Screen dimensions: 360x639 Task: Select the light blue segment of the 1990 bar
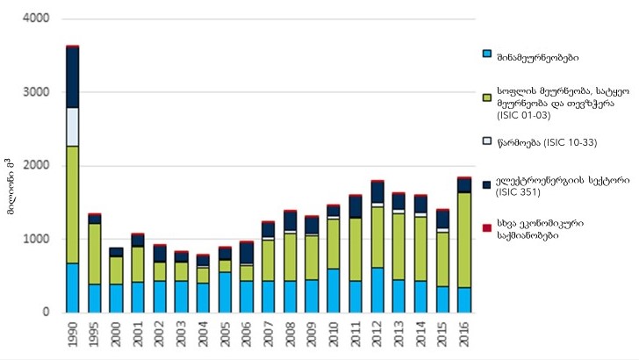(x=72, y=287)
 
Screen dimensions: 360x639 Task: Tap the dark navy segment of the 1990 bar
(x=72, y=77)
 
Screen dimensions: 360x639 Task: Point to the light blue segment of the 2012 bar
(x=377, y=290)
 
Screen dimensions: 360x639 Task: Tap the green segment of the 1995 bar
(x=94, y=254)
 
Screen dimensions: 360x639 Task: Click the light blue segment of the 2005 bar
(x=225, y=292)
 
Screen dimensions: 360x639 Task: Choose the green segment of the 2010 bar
(x=334, y=243)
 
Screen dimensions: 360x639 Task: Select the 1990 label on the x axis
(x=73, y=335)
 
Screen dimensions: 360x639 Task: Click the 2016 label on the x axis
(x=465, y=335)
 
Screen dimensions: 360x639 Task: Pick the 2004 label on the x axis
(x=204, y=335)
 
